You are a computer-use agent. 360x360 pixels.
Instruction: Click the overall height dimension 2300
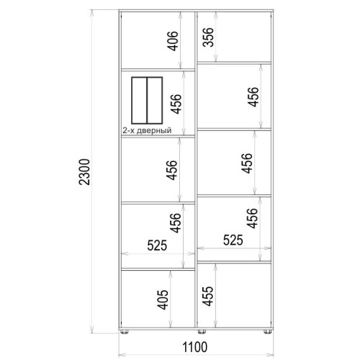pos(84,171)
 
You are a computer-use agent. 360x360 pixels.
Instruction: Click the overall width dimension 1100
pos(195,347)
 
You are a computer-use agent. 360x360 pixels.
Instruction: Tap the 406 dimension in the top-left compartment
pos(173,41)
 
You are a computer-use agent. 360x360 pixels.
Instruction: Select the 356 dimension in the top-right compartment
pos(208,37)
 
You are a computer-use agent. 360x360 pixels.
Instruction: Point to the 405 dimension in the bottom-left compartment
pos(163,300)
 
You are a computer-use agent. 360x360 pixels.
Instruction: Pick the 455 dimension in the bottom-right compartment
pos(207,296)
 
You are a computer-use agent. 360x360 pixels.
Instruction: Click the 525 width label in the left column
pos(157,246)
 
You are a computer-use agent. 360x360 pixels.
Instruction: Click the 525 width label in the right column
pos(233,240)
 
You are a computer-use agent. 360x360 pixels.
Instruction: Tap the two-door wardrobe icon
pos(147,100)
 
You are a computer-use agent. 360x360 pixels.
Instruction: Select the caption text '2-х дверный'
pos(147,130)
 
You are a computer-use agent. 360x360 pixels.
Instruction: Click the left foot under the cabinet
pos(124,332)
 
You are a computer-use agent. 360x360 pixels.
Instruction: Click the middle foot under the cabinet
pos(202,332)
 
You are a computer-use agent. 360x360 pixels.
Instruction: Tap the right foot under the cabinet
pos(267,332)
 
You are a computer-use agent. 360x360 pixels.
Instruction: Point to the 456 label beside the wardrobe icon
pos(176,104)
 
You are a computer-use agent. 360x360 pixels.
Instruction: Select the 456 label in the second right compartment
pos(253,96)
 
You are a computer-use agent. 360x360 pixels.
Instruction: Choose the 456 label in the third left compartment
pos(172,170)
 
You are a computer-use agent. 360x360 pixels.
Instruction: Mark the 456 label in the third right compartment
pos(247,163)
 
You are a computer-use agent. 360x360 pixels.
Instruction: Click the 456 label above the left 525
pos(176,222)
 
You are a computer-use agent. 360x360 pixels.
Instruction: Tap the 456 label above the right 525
pos(252,218)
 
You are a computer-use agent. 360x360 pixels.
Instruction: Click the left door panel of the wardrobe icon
pos(139,100)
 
